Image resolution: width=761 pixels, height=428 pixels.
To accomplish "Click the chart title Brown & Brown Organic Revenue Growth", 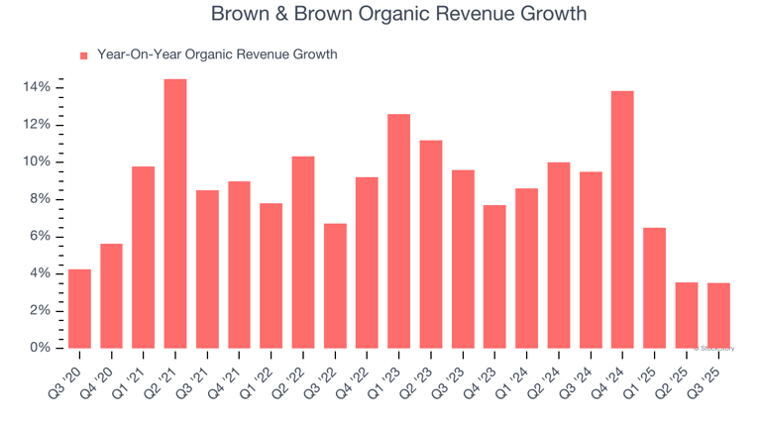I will pyautogui.click(x=398, y=14).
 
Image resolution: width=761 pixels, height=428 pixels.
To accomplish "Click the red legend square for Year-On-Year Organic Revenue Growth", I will pyautogui.click(x=84, y=55).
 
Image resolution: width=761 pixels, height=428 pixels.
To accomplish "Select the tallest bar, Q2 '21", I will pyautogui.click(x=175, y=213).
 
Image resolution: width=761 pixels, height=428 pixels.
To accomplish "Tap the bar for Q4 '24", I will pyautogui.click(x=622, y=219).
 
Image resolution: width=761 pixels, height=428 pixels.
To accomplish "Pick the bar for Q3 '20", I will pyautogui.click(x=79, y=308).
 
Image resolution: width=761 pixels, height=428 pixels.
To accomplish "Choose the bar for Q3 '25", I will pyautogui.click(x=718, y=315).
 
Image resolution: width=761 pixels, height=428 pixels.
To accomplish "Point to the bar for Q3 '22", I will pyautogui.click(x=335, y=285).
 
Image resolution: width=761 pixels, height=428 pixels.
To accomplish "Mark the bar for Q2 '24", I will pyautogui.click(x=558, y=255).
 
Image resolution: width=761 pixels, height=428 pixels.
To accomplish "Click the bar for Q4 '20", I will pyautogui.click(x=111, y=295).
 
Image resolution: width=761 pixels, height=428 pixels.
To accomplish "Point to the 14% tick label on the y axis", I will pyautogui.click(x=37, y=87).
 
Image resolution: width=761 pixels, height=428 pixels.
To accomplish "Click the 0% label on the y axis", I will pyautogui.click(x=40, y=348).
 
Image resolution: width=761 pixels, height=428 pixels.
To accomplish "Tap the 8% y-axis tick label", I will pyautogui.click(x=40, y=199).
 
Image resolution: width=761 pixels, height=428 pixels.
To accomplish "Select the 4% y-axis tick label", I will pyautogui.click(x=40, y=273).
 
